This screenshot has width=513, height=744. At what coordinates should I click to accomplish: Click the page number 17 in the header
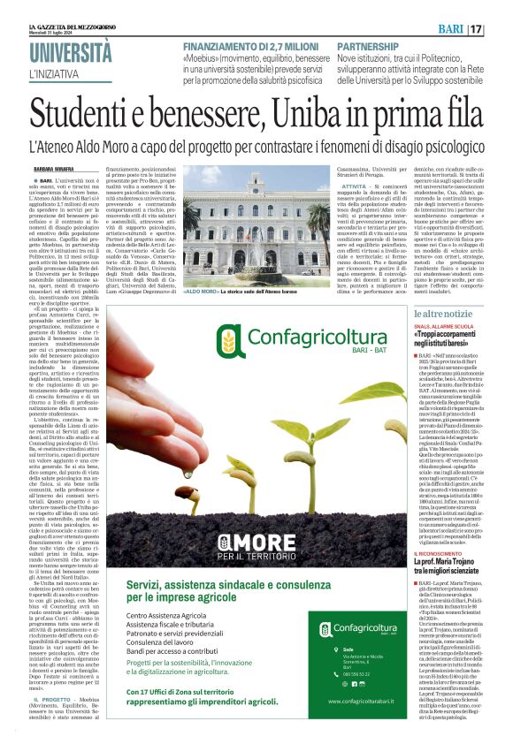pos(501,29)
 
